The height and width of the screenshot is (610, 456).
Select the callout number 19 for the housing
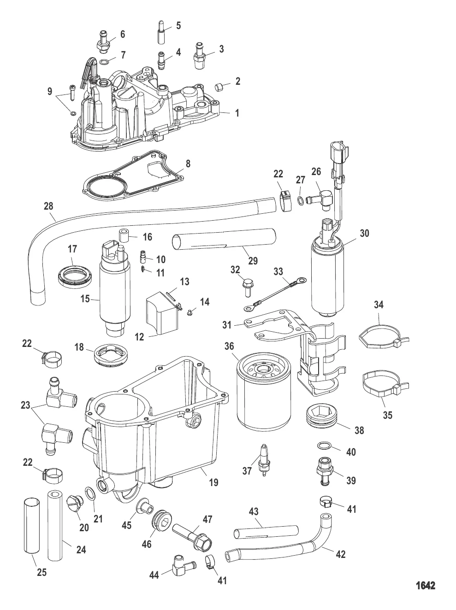tap(213, 482)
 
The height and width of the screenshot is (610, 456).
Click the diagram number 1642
tap(425, 586)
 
